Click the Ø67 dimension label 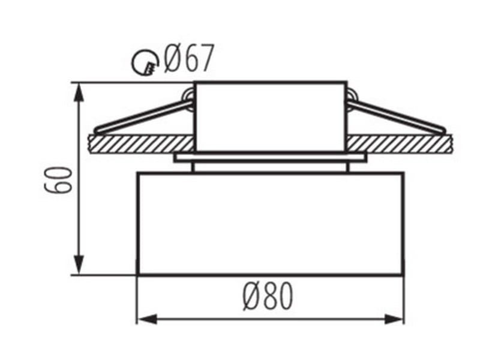point(188,59)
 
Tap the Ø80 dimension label point(268,296)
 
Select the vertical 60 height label point(58,179)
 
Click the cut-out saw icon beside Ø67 point(145,64)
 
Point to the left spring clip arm point(144,117)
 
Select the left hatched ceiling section point(142,144)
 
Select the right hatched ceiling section point(399,144)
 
